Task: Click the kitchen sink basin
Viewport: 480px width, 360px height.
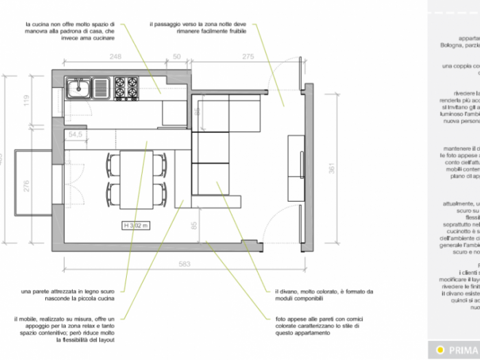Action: click(79, 88)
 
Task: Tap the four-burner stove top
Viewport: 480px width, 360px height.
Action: click(126, 87)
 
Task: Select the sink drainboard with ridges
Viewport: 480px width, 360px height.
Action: click(101, 88)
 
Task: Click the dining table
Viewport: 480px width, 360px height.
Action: click(136, 179)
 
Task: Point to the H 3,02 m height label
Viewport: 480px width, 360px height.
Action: click(136, 225)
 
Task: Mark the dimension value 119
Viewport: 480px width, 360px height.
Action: click(27, 101)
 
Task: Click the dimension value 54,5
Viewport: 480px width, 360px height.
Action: click(75, 134)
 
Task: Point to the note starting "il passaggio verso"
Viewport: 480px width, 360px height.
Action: click(197, 27)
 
